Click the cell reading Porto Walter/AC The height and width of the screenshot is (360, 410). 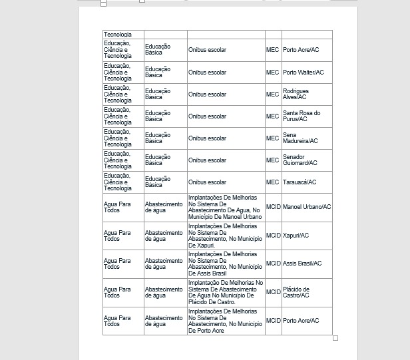coord(303,73)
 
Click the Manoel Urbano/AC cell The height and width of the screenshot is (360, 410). coord(307,207)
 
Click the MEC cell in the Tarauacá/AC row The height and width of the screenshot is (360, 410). coord(273,182)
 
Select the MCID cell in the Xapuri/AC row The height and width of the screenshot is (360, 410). coord(274,236)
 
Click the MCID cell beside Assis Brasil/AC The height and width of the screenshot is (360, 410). coord(274,264)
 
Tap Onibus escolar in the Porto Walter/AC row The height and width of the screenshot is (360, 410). coord(207,73)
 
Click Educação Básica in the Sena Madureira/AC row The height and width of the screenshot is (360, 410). coord(158,138)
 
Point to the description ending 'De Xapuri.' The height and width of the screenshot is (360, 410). coord(225,236)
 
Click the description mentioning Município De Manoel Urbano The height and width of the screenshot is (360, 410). coord(225,207)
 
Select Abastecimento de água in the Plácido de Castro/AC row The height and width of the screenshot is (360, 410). coord(164,292)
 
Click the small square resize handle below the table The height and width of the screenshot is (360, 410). coord(335,338)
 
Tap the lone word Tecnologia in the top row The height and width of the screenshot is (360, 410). coord(118,35)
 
